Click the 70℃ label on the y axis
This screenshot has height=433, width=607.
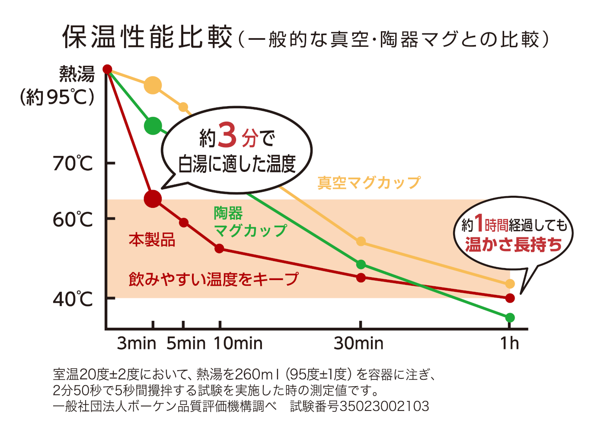(x=73, y=164)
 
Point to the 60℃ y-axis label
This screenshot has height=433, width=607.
(x=73, y=220)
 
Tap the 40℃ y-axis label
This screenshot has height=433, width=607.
(x=73, y=299)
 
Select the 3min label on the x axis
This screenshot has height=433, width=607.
(x=136, y=343)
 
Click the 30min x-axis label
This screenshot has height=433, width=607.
(x=358, y=343)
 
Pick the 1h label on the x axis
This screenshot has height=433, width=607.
(x=509, y=343)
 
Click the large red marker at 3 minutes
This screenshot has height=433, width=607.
(x=153, y=199)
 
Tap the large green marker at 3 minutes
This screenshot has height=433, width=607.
(x=153, y=126)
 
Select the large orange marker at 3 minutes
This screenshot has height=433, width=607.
(x=153, y=85)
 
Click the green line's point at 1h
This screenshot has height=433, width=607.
(x=510, y=318)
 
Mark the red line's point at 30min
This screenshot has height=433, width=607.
(x=361, y=278)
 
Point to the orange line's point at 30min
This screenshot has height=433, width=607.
(x=361, y=242)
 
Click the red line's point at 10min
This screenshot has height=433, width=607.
(x=219, y=249)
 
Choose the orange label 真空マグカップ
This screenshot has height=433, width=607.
(x=369, y=183)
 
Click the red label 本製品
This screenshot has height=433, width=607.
(x=152, y=239)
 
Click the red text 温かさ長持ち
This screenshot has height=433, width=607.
(x=513, y=245)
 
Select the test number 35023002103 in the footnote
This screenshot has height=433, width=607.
(x=384, y=407)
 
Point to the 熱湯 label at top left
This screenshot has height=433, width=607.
(x=77, y=74)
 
